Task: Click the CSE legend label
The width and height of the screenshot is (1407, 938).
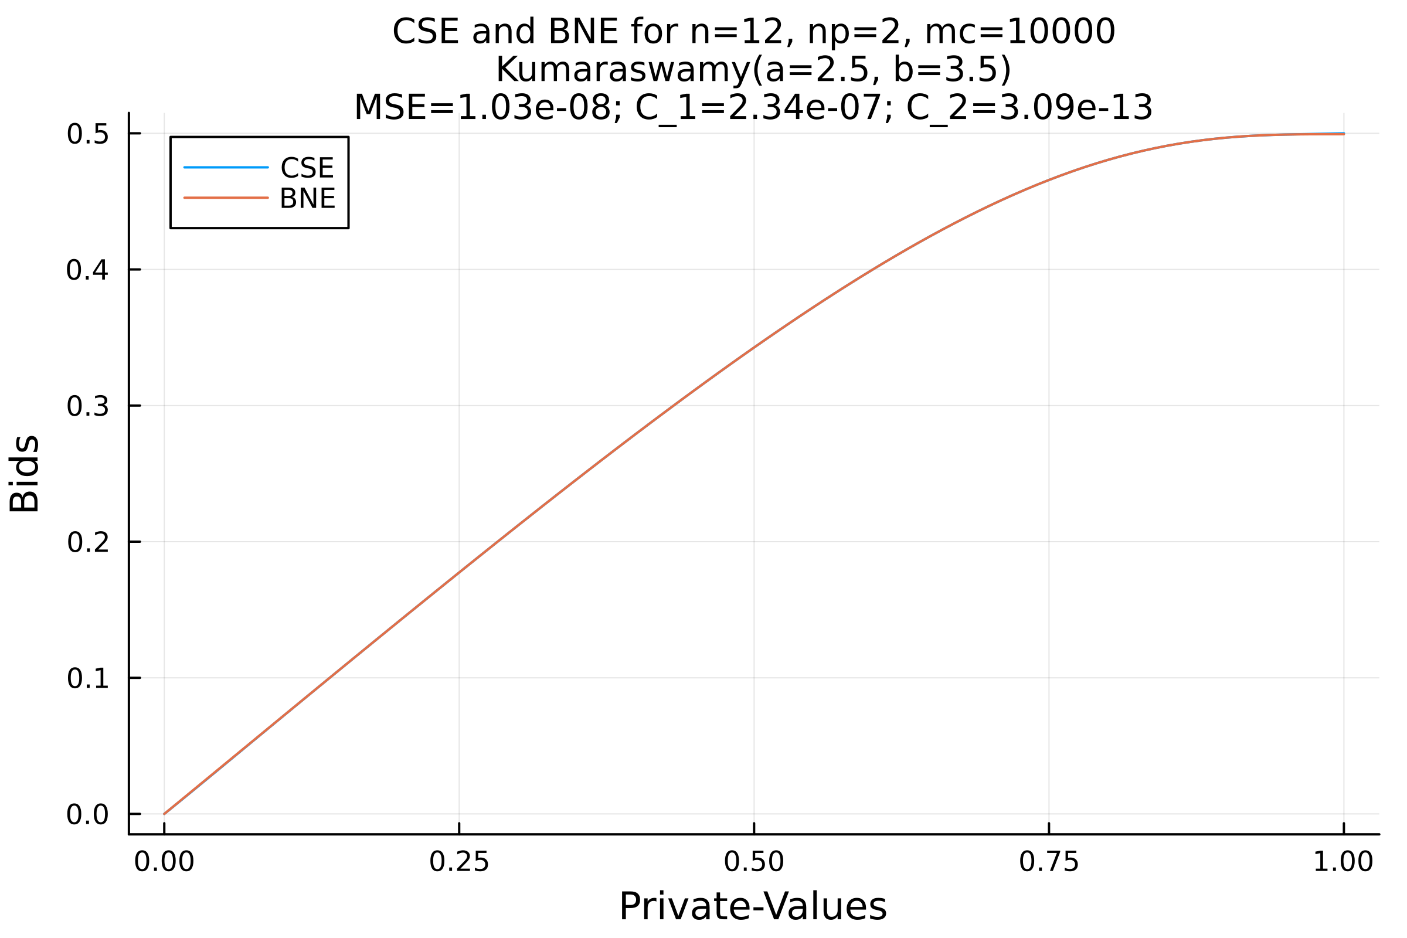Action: click(x=307, y=168)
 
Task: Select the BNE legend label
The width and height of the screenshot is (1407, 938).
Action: click(x=307, y=199)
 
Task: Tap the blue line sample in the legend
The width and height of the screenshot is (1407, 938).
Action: click(x=226, y=168)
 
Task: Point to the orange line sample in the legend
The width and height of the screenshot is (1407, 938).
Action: click(x=226, y=198)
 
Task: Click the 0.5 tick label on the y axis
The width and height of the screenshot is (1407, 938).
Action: click(x=87, y=135)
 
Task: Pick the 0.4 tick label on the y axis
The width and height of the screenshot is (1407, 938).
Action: click(x=87, y=271)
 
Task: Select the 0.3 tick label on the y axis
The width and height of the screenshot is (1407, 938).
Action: click(x=87, y=407)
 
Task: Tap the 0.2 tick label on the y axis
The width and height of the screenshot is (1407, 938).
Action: click(x=87, y=543)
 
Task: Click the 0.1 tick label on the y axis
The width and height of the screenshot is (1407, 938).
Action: click(x=87, y=679)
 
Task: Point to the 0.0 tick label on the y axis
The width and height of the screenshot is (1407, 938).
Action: click(x=87, y=815)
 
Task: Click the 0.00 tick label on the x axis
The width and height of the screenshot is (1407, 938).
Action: click(x=165, y=862)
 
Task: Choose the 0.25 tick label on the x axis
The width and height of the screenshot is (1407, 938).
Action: click(x=460, y=862)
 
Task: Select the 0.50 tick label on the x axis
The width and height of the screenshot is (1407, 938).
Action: click(x=754, y=862)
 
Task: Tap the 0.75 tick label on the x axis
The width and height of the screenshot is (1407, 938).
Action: click(x=1049, y=862)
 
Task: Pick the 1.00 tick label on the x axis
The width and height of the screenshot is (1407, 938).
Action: click(x=1344, y=862)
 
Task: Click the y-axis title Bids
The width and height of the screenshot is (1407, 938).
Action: click(x=24, y=474)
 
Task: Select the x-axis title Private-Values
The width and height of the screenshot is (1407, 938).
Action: click(x=753, y=907)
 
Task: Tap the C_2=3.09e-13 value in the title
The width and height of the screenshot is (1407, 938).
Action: click(x=1029, y=108)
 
